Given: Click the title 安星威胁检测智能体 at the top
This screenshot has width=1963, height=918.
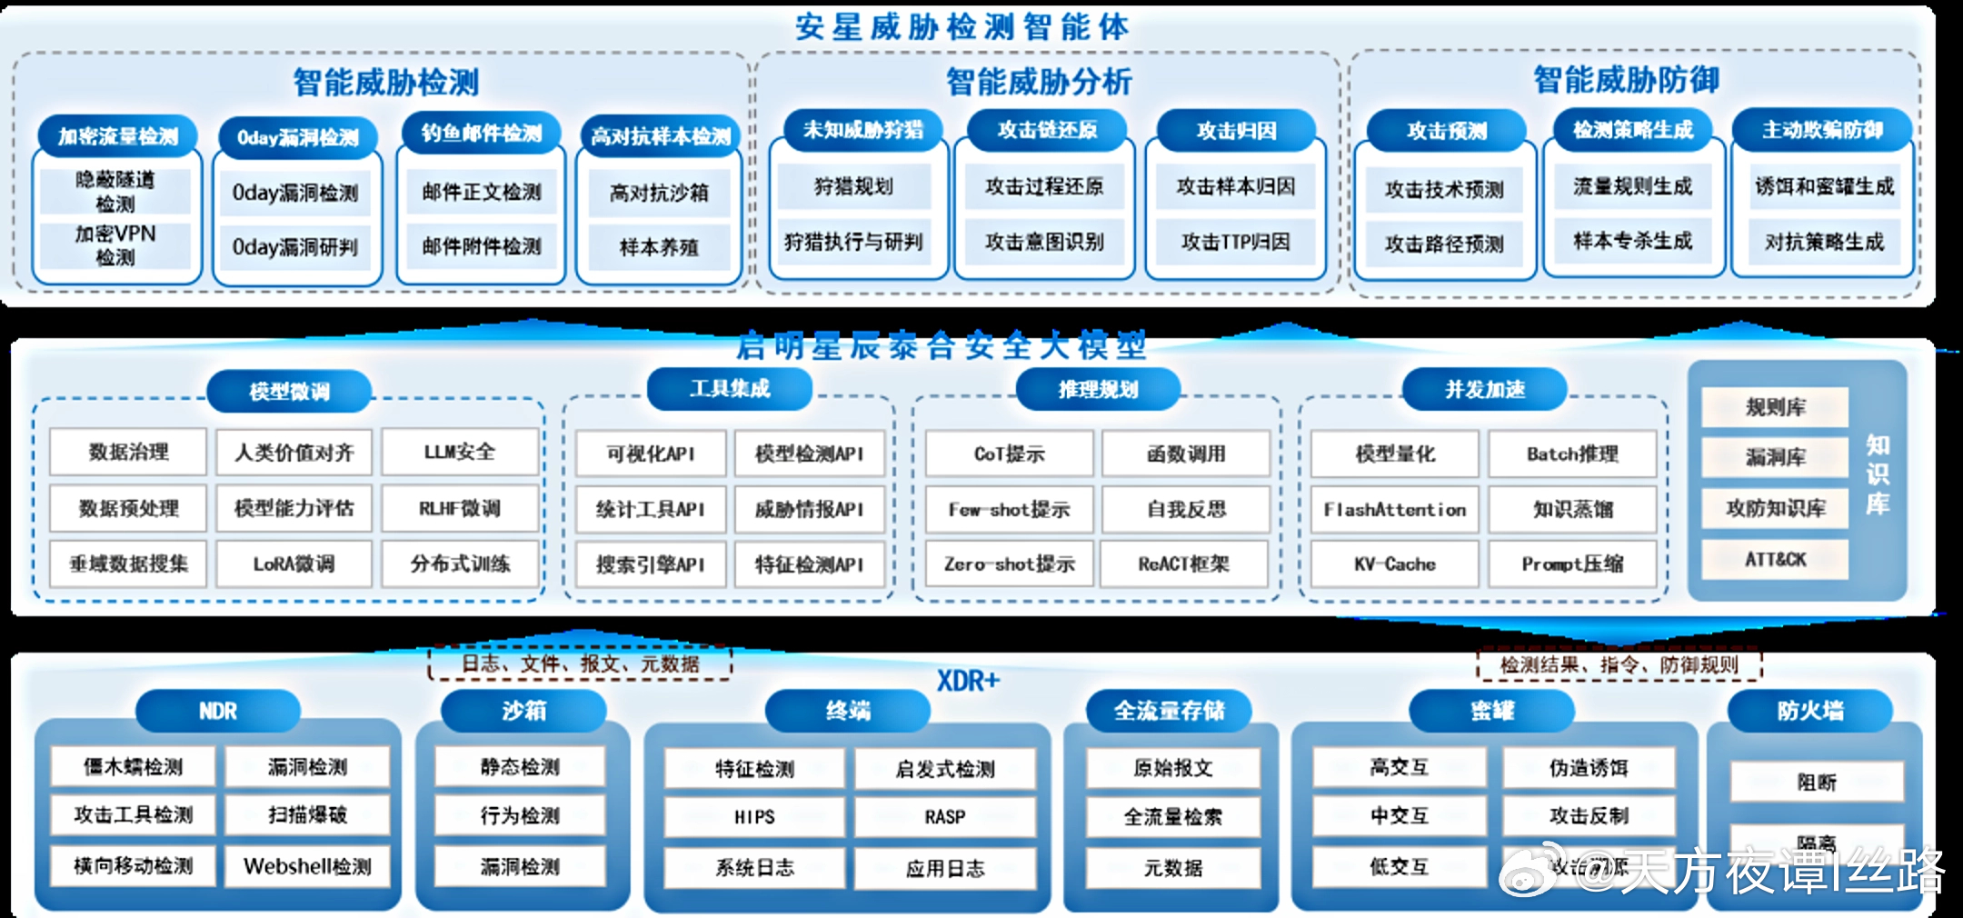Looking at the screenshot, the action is click(x=962, y=26).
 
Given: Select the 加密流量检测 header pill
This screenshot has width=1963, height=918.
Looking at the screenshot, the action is click(x=118, y=136).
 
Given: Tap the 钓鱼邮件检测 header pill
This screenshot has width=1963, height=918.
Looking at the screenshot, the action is click(x=482, y=134).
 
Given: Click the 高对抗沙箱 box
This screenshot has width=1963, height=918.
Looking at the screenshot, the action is click(x=659, y=193).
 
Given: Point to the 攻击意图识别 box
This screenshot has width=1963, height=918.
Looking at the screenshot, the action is click(x=1044, y=242).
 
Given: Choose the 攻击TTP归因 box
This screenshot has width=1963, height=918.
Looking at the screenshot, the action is click(x=1235, y=242).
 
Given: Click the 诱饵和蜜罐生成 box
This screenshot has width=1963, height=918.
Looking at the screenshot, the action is click(x=1824, y=186).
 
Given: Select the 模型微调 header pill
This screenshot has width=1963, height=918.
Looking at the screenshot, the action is click(x=289, y=391).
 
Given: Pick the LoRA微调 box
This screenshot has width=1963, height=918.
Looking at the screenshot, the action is click(x=294, y=564).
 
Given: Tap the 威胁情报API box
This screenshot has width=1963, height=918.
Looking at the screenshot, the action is click(x=809, y=509).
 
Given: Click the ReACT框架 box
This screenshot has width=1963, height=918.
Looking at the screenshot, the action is click(x=1184, y=564).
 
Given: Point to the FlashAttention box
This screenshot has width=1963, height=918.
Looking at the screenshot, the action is click(x=1394, y=509).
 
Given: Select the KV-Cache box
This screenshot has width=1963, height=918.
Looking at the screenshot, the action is click(x=1394, y=564).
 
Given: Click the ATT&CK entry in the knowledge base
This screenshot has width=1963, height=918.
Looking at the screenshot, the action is click(x=1775, y=559).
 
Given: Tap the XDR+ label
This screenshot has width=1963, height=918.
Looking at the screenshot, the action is click(x=968, y=681).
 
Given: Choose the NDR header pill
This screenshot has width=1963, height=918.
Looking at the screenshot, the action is click(x=218, y=711).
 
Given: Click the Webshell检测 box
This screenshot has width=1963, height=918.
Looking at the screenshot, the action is click(x=307, y=866).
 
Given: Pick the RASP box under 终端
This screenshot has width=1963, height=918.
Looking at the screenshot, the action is click(x=945, y=817).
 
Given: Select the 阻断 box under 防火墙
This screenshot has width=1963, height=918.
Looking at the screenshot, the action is click(x=1816, y=782).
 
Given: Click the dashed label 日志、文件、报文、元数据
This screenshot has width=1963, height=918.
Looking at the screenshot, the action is click(x=580, y=664).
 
